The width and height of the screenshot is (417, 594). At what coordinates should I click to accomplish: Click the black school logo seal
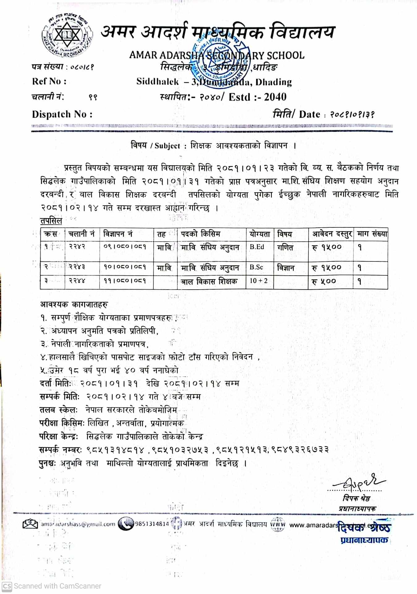(67, 35)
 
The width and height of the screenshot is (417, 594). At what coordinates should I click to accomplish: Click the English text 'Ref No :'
(49, 81)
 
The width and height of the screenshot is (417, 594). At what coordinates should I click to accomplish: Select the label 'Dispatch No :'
(62, 114)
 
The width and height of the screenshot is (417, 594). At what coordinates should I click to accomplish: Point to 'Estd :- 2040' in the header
(257, 97)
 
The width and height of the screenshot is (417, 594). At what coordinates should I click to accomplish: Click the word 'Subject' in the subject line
(167, 146)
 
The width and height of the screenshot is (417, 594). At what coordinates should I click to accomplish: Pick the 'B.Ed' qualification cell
(257, 247)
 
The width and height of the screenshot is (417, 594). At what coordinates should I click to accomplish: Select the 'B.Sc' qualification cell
(257, 267)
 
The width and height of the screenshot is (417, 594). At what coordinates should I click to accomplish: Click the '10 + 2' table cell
(259, 281)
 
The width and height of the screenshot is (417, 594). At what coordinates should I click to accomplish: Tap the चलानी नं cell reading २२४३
(77, 267)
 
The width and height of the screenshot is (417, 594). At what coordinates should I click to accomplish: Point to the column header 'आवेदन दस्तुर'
(331, 234)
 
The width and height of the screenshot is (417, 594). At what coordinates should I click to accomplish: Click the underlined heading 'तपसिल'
(51, 221)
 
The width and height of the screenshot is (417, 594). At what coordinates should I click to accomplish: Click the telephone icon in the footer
(126, 524)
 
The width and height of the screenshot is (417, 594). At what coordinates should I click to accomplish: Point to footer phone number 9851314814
(152, 524)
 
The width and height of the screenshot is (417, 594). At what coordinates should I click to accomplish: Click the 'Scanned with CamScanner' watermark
(52, 586)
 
